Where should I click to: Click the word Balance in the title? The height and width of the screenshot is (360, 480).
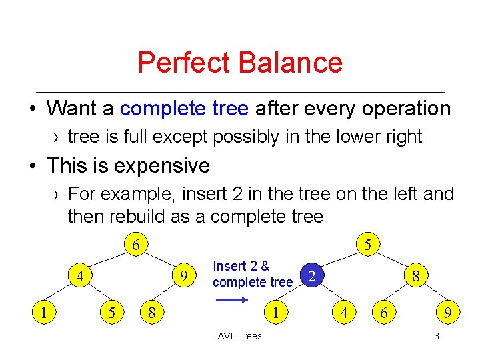click(290, 63)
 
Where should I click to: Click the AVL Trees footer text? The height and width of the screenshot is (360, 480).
click(240, 336)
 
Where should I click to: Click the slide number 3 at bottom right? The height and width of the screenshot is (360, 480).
click(436, 336)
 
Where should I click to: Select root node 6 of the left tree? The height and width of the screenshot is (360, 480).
click(135, 245)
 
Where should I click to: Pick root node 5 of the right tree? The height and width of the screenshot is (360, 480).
click(367, 245)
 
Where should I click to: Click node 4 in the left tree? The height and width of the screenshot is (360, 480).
click(79, 275)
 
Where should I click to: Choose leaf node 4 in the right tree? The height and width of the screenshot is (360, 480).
click(344, 311)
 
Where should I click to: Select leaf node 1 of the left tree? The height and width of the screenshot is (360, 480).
click(43, 311)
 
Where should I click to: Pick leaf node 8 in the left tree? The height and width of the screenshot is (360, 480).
click(152, 311)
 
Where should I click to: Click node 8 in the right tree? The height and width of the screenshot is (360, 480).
click(415, 275)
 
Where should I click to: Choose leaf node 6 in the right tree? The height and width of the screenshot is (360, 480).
click(383, 311)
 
